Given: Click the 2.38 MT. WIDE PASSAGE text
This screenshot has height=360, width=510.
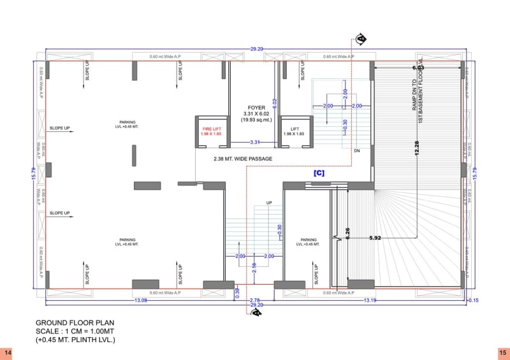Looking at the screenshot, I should [243, 159].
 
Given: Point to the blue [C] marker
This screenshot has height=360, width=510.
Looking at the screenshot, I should [319, 173].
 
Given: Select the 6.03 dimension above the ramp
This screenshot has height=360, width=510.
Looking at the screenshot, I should [418, 68].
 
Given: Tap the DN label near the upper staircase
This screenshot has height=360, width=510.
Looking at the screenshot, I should [358, 151].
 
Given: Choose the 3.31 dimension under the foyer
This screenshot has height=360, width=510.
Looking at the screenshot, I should [254, 141].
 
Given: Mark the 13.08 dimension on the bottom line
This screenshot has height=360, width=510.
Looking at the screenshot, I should [140, 300].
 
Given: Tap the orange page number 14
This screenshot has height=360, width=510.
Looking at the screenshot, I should [8, 352].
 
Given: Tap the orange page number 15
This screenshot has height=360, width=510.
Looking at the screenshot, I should [502, 352].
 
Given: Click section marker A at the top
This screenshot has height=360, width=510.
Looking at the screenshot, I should [361, 40].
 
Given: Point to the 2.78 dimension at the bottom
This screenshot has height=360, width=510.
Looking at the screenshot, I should [254, 300].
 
